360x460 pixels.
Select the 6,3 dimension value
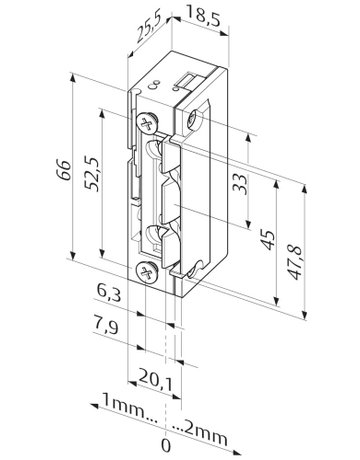(x=112, y=293)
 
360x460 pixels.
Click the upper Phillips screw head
(x=148, y=123)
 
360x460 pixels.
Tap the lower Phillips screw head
(x=148, y=270)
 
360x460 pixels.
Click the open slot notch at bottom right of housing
(x=181, y=268)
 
